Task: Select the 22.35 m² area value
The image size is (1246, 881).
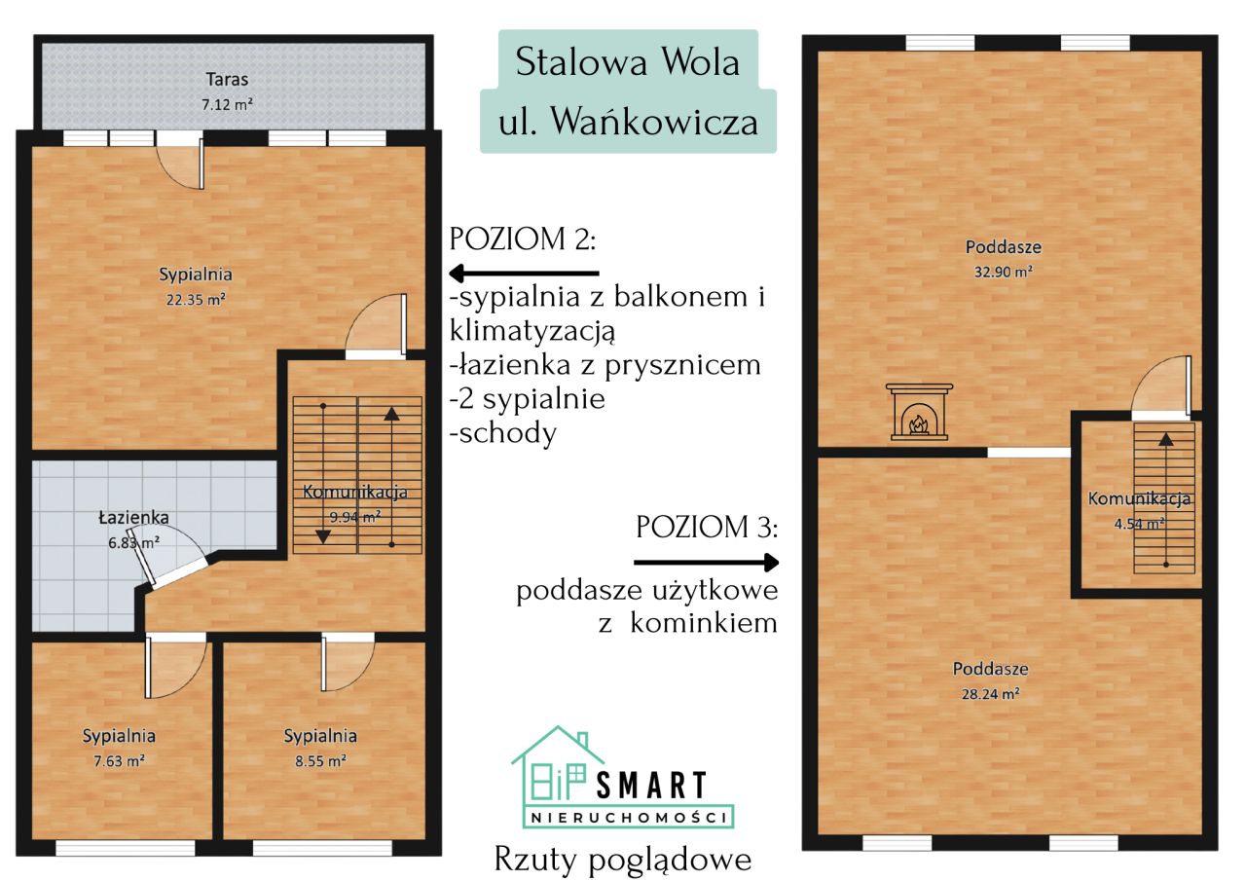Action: (x=196, y=300)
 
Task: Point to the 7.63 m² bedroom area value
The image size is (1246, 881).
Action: (x=119, y=761)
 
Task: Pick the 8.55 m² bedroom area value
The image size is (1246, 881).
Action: (x=320, y=761)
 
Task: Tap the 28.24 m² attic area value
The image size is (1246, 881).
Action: (x=991, y=695)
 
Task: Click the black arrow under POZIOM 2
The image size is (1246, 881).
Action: (x=524, y=274)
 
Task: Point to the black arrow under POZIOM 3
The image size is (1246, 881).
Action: (x=707, y=562)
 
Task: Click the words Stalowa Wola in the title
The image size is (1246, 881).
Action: (x=628, y=63)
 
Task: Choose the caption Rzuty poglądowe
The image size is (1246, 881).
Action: (x=623, y=860)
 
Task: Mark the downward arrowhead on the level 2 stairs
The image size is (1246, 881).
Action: (x=323, y=535)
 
